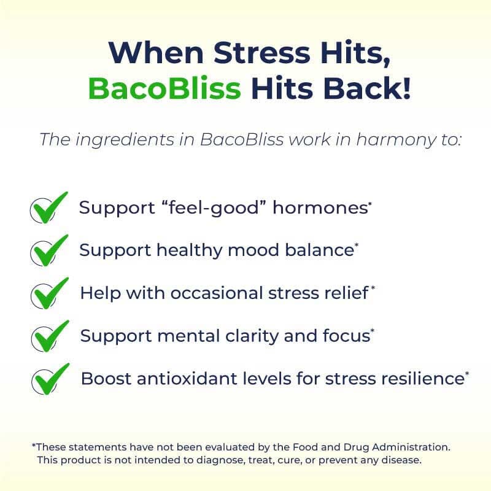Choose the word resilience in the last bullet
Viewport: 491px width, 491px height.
point(417,379)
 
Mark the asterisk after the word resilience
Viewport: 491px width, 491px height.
point(467,373)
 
